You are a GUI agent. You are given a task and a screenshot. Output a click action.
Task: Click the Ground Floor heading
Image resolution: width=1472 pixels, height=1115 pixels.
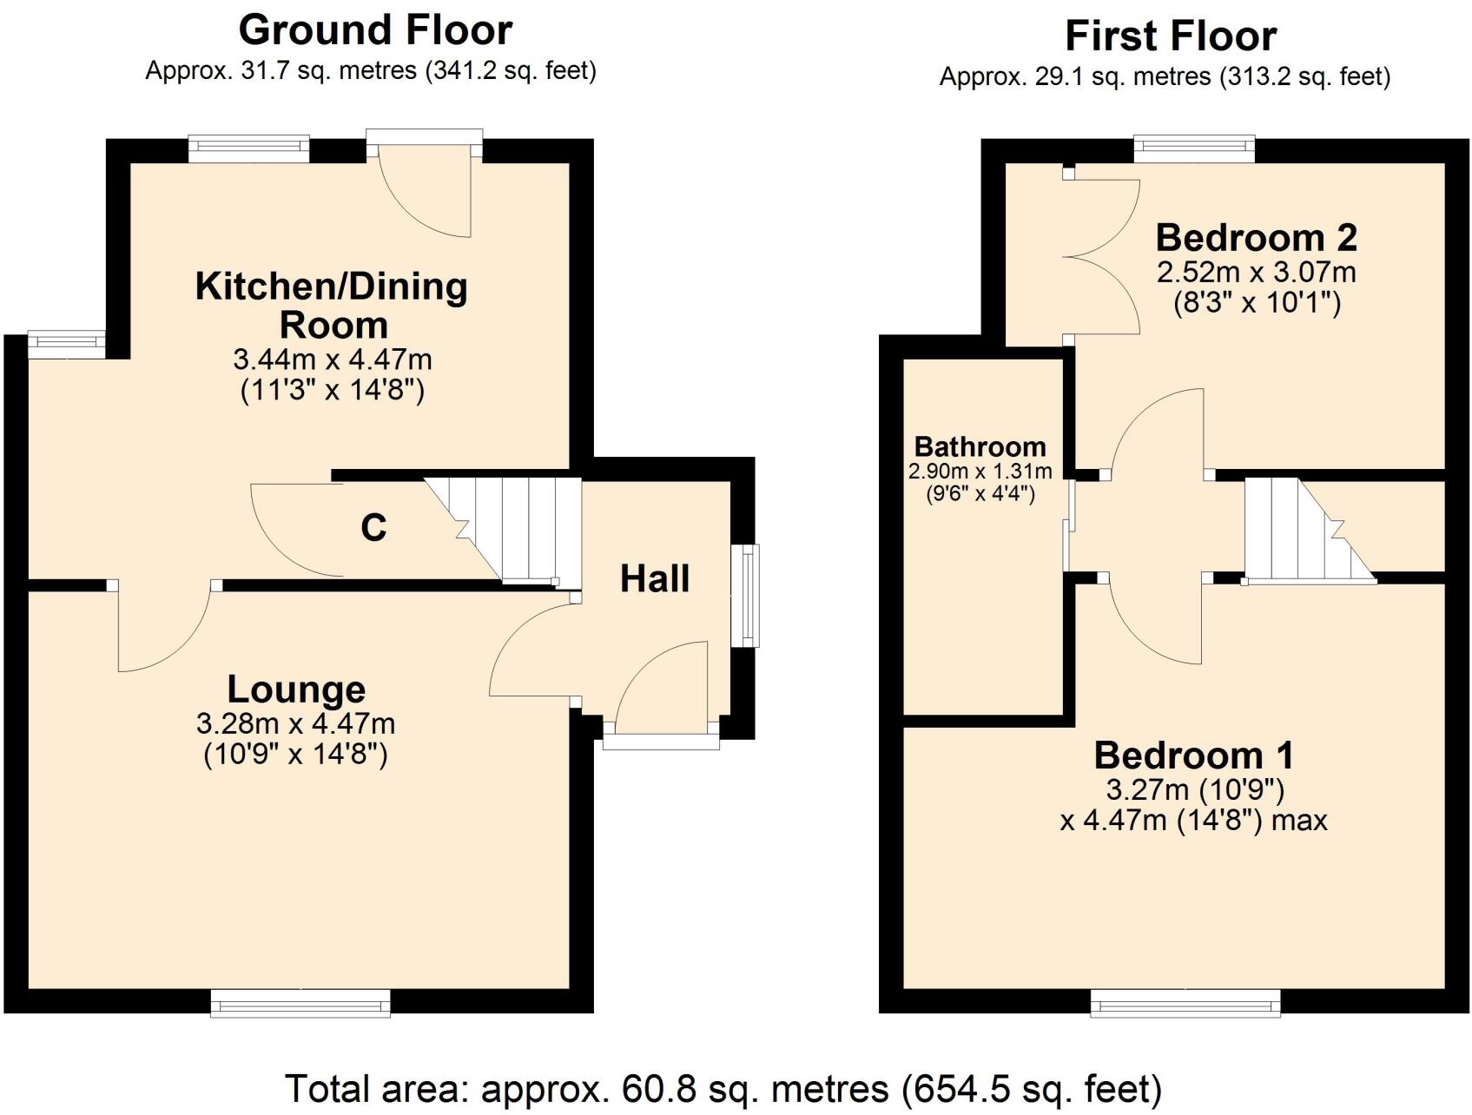click(x=375, y=30)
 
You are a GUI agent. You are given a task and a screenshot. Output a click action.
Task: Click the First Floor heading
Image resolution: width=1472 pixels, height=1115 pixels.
click(x=1171, y=36)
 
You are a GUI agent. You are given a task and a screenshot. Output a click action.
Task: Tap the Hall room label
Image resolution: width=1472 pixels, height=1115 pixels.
click(x=655, y=578)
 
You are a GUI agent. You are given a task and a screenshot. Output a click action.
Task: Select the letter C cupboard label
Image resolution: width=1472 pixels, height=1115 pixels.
click(x=373, y=527)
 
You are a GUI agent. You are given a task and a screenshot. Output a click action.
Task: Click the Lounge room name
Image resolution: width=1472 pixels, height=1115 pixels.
click(x=296, y=689)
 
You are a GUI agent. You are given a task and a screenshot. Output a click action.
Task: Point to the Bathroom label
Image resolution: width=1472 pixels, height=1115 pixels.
click(x=980, y=446)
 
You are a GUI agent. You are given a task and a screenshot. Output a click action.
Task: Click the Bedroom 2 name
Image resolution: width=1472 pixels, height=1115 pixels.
click(x=1257, y=237)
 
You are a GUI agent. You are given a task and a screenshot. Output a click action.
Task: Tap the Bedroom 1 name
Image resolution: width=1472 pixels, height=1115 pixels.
click(x=1194, y=755)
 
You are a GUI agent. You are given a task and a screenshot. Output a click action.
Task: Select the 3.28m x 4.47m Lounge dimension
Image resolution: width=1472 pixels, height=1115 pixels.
click(x=296, y=722)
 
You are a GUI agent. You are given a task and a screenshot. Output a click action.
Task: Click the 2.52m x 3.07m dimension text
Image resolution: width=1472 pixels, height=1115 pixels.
click(x=1257, y=272)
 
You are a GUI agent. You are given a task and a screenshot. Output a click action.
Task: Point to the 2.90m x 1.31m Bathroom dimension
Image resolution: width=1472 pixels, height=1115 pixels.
click(x=980, y=472)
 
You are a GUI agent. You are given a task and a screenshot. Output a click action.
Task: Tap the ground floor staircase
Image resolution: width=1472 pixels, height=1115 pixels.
click(x=502, y=530)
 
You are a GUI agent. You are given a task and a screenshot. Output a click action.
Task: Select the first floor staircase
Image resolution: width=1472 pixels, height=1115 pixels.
click(x=1310, y=530)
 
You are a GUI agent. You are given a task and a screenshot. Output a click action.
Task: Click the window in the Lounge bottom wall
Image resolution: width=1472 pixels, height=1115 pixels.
click(x=301, y=1002)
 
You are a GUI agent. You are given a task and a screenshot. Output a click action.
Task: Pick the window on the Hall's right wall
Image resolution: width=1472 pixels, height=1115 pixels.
click(x=744, y=596)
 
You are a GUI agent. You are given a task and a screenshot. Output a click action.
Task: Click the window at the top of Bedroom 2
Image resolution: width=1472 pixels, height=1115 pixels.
click(x=1195, y=149)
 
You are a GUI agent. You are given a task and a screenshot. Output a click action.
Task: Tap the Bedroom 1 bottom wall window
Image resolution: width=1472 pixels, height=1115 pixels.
click(x=1185, y=1002)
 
